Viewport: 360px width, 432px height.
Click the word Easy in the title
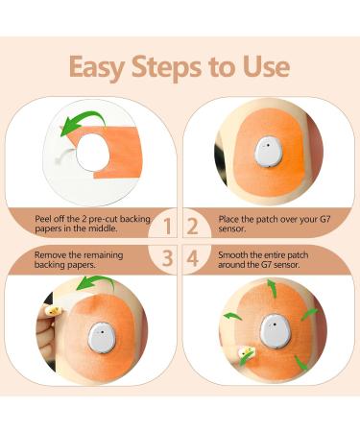pos(97,68)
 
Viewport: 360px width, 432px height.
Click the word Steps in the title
pos(166,67)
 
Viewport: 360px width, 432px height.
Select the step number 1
pos(167,227)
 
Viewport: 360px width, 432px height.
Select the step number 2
pos(192,227)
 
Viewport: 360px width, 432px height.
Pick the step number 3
pos(167,258)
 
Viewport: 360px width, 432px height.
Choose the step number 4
pos(193,258)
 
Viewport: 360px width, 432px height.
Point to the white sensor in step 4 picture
pos(275,330)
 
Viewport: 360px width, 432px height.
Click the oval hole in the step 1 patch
pos(93,151)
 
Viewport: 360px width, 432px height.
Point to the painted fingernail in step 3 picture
pos(53,310)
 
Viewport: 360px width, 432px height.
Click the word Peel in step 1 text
pos(42,219)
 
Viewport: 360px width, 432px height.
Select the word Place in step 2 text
pos(228,220)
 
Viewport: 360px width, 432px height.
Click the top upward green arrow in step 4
pos(272,288)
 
